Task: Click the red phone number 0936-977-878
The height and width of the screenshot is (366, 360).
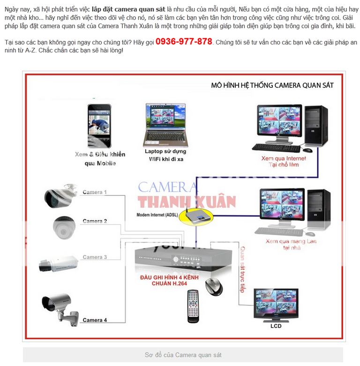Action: (184, 42)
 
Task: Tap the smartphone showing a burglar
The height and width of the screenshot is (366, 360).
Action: (99, 126)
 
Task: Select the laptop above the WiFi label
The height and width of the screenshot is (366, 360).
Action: (165, 125)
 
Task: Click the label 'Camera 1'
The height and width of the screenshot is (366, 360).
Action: (95, 192)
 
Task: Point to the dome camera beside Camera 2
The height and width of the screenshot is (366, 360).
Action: (64, 228)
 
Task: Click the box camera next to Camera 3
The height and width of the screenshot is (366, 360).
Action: (59, 264)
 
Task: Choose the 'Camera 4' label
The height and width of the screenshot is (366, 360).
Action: (95, 320)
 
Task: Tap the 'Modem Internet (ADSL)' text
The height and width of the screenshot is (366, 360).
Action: (157, 215)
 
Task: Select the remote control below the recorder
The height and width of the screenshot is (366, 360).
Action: (193, 306)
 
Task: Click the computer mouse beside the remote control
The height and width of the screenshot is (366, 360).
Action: (214, 287)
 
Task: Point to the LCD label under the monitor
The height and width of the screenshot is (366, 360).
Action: (276, 326)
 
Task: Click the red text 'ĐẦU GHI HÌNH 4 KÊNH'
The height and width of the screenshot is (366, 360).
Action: (169, 277)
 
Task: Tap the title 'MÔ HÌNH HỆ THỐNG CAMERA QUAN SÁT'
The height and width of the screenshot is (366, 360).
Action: (272, 85)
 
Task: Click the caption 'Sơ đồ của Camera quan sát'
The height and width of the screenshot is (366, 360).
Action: (183, 355)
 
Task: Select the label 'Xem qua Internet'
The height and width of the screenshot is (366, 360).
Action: (284, 158)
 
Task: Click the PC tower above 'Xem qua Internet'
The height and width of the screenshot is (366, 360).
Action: (316, 126)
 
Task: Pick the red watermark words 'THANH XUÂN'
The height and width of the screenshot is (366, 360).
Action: (187, 202)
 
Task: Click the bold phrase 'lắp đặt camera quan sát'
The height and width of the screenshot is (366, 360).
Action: (128, 9)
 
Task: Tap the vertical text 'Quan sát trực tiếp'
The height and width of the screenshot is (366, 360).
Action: (242, 269)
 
